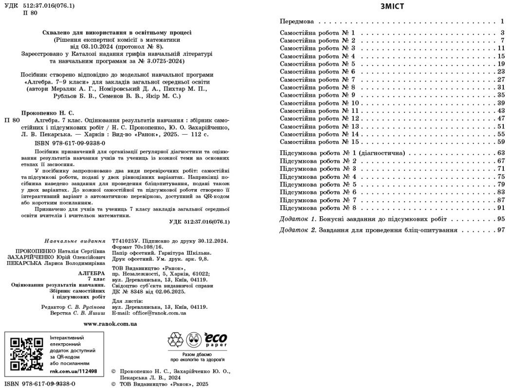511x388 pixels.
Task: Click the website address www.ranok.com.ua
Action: click(110, 323)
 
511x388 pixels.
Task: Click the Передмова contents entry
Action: click(297, 22)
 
